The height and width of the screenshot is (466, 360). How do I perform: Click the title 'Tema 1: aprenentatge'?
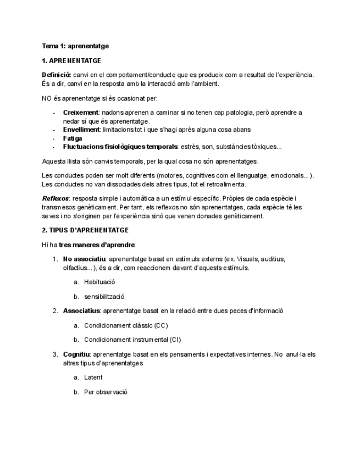75,46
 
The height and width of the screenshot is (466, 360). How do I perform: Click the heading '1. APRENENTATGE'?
71,60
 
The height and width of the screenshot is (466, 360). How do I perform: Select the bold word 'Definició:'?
57,75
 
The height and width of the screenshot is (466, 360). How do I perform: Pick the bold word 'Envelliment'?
81,130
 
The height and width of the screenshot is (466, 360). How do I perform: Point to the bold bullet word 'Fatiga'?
73,138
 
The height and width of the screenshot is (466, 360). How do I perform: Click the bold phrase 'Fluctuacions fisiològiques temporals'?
120,147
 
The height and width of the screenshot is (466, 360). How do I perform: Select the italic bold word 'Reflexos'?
56,198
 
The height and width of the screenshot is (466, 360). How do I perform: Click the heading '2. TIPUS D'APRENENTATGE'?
85,230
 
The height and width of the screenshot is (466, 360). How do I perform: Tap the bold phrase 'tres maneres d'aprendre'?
97,245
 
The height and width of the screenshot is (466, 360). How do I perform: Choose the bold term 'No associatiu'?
84,259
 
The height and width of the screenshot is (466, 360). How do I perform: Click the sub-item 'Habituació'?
99,282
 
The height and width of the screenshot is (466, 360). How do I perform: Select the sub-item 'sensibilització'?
104,296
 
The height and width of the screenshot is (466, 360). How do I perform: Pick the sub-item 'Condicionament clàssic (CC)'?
126,325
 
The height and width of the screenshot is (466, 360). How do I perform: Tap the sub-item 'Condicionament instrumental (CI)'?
132,340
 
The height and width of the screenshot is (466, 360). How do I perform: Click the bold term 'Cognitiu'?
76,354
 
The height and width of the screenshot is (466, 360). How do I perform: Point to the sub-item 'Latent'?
93,378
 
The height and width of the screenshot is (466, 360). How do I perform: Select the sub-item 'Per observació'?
106,392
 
